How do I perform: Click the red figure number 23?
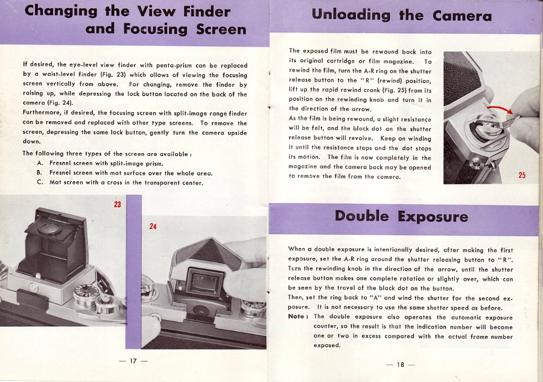[118, 204]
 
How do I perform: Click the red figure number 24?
[153, 227]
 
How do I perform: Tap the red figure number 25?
[522, 175]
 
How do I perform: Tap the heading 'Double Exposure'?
[401, 216]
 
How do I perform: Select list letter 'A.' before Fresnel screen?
[39, 163]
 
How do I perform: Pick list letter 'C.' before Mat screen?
[39, 182]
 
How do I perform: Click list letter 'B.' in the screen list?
[39, 172]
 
